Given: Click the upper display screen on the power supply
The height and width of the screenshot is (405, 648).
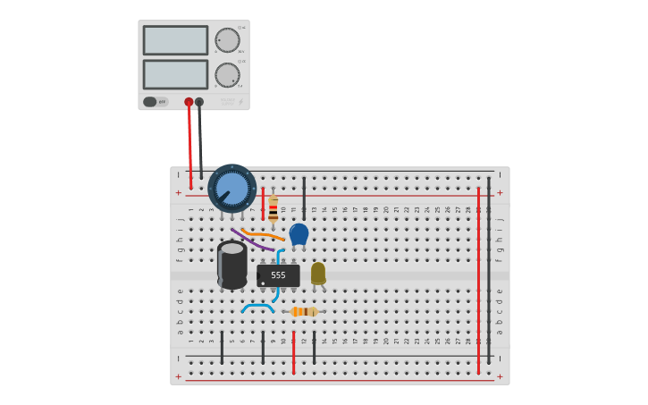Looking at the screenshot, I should click(175, 40).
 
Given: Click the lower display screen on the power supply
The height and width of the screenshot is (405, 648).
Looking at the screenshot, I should click(175, 74).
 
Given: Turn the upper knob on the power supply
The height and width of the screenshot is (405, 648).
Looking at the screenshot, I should click(227, 40).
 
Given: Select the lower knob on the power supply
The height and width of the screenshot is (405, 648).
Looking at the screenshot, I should click(227, 75).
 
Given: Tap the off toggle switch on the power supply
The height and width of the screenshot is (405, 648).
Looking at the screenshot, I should click(155, 102).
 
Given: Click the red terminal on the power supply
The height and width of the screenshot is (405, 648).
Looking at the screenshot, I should click(189, 102).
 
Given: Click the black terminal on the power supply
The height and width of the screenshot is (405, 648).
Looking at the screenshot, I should click(199, 102).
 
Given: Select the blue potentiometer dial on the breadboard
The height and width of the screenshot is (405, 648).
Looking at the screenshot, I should click(232, 189).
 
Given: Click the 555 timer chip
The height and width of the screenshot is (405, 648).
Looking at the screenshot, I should click(278, 275).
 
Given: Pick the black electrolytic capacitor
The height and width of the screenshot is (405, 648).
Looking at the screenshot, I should click(232, 265).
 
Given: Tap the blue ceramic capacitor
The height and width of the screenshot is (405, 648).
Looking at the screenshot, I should click(299, 234).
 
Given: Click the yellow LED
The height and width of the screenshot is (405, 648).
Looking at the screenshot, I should click(318, 273).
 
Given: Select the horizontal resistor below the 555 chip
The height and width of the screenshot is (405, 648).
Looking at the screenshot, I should click(304, 311).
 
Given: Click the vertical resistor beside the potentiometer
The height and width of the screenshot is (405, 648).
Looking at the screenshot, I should click(273, 209).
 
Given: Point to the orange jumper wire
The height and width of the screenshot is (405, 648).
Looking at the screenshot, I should click(263, 235).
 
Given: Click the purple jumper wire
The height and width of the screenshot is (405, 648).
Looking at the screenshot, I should click(253, 240).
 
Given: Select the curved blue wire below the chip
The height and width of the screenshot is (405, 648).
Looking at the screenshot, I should click(257, 307).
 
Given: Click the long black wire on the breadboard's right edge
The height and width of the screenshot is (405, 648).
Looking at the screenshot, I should click(488, 268).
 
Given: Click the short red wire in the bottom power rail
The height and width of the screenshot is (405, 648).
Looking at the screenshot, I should click(293, 352).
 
